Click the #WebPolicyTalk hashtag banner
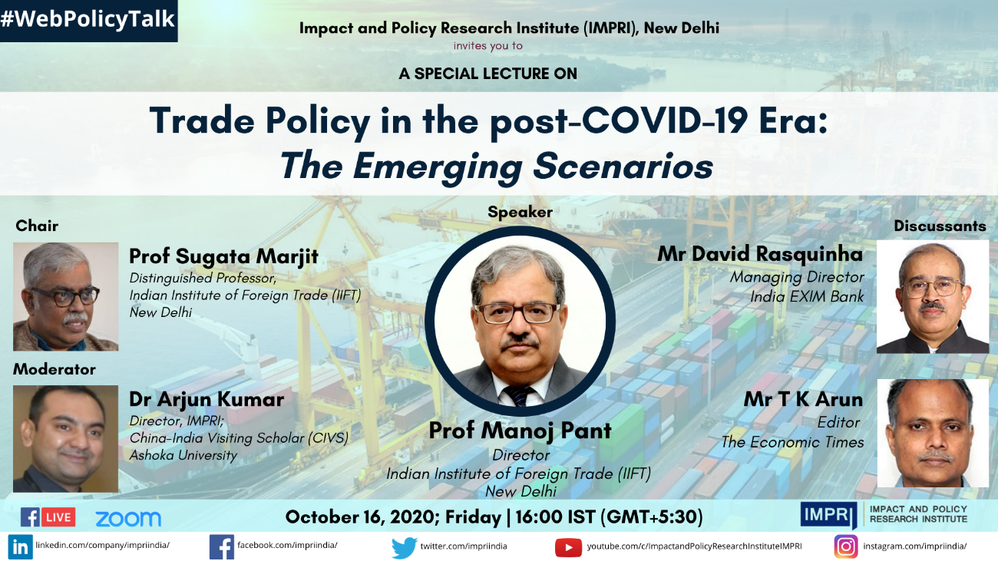(x=88, y=21)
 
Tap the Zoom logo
(x=128, y=519)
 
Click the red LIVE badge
(x=58, y=517)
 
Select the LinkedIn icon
(x=20, y=546)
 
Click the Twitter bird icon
(x=404, y=548)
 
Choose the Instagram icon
(x=846, y=546)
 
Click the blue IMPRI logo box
(x=828, y=515)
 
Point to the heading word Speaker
(x=520, y=212)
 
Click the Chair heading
(x=37, y=226)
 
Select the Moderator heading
(x=55, y=369)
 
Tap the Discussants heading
(x=940, y=226)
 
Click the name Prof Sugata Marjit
(x=223, y=256)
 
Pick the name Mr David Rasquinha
(x=760, y=254)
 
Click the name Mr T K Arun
(x=803, y=399)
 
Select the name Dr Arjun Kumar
(x=207, y=399)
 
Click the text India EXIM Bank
(x=807, y=296)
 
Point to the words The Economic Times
(x=792, y=442)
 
